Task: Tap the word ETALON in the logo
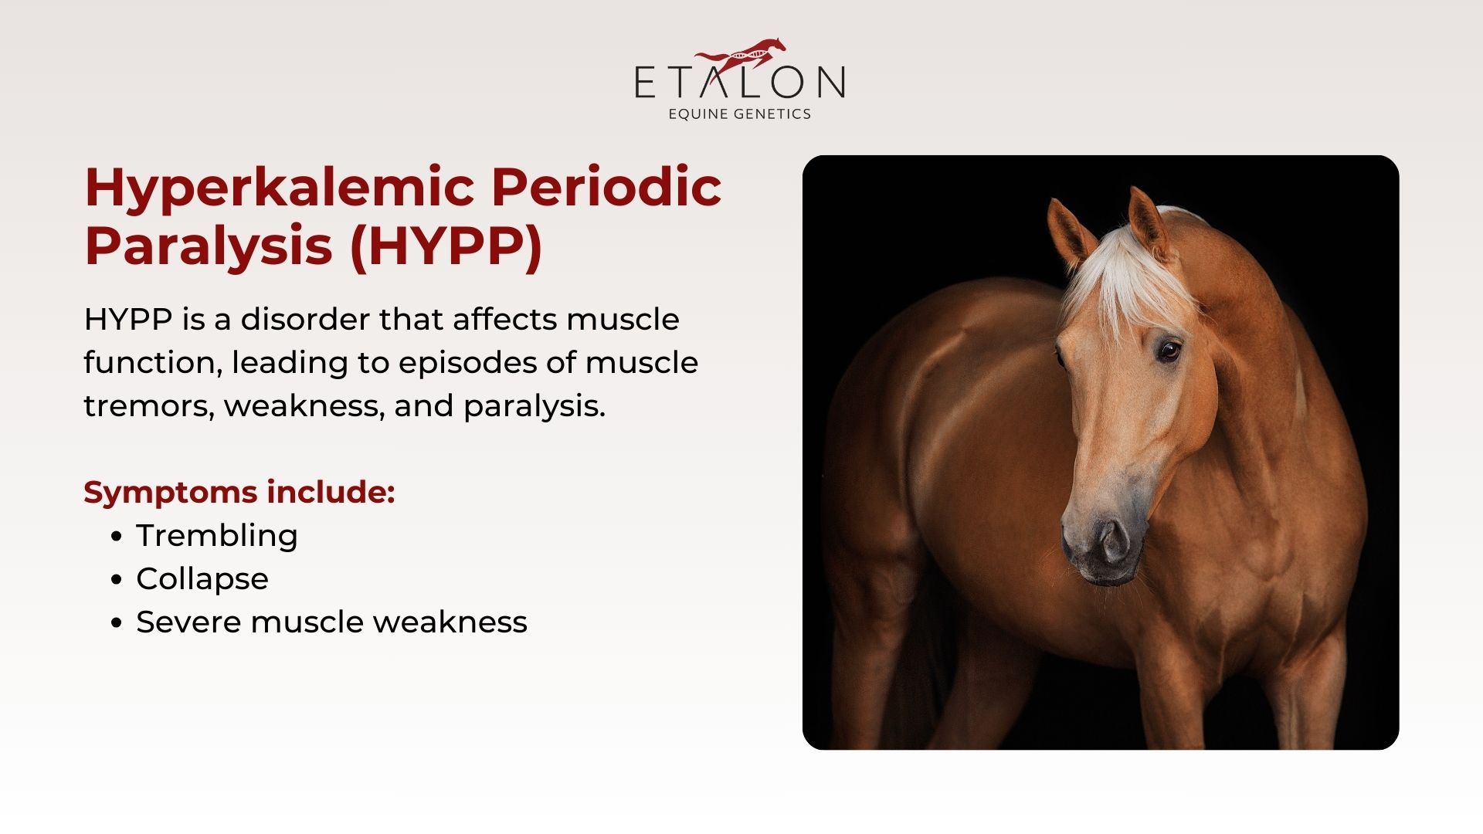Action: tap(740, 83)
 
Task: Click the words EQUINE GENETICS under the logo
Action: tap(740, 114)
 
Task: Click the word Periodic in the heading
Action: tap(606, 187)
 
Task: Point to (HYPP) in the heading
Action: tap(446, 247)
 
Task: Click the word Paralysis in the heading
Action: tap(209, 247)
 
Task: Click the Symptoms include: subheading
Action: tap(239, 493)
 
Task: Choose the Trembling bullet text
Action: tap(217, 536)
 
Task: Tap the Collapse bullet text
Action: tap(202, 579)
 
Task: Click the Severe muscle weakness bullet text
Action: tap(332, 622)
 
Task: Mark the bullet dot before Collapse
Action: tap(117, 580)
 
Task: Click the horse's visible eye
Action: tap(1169, 350)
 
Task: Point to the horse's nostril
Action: tap(1114, 541)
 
